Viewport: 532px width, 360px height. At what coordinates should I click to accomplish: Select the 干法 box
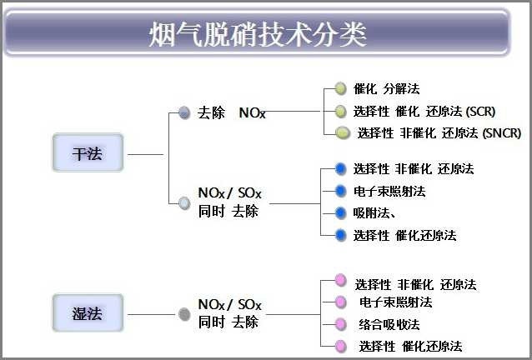pos(87,154)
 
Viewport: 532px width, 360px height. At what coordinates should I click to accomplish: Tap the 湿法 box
pos(87,314)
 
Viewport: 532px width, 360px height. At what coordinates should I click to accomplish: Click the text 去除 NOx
pos(233,112)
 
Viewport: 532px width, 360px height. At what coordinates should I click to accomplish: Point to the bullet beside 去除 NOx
pos(184,112)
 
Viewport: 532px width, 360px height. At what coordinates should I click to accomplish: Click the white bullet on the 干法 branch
pos(184,202)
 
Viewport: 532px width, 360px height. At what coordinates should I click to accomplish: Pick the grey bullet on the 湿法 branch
pos(184,314)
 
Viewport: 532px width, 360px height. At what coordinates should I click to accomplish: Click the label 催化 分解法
pos(386,87)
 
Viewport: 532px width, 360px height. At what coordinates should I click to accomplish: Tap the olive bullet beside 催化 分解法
pos(340,87)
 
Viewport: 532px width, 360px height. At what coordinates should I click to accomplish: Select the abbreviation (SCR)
pos(481,110)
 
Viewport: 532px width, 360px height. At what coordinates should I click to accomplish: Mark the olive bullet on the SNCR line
pos(342,132)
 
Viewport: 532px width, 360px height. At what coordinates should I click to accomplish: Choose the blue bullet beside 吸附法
pos(340,212)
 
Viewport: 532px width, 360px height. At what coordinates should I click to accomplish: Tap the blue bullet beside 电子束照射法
pos(340,191)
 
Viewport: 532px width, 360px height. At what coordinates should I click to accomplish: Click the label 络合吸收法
pos(389,323)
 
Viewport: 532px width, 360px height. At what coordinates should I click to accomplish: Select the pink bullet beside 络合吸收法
pos(340,323)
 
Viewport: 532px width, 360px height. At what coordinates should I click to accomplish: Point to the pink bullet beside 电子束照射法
pos(340,302)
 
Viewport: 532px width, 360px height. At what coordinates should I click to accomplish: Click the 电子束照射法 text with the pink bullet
pos(395,302)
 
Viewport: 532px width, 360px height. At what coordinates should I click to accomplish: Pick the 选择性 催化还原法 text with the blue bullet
pos(404,235)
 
